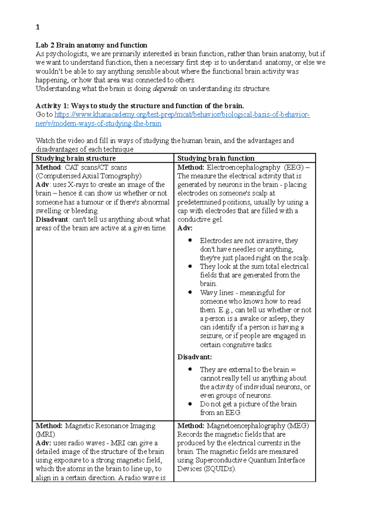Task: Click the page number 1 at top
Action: tap(38, 27)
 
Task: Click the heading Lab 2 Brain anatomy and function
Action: tap(91, 45)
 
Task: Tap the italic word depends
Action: tap(165, 89)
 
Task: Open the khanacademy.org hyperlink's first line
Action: tap(182, 115)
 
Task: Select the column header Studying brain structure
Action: tap(75, 158)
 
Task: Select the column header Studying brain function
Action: tap(216, 158)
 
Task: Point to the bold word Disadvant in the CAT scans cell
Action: tap(52, 219)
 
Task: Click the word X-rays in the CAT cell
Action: tap(78, 184)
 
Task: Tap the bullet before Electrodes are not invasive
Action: tap(190, 240)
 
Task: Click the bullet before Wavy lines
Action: tap(190, 292)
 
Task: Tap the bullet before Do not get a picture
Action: tap(190, 404)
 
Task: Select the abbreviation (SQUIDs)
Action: tap(219, 469)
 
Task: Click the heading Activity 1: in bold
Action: tap(52, 106)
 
